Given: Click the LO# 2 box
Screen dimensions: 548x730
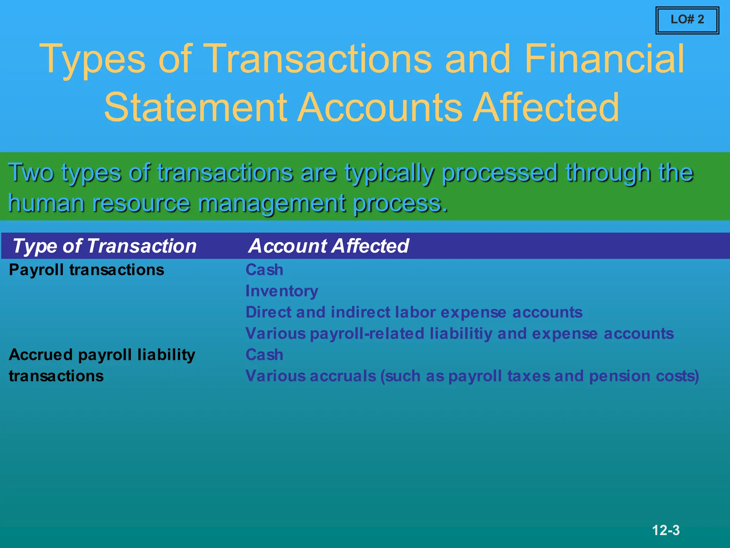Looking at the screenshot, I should pyautogui.click(x=687, y=20).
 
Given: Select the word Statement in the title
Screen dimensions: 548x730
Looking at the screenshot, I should pyautogui.click(x=195, y=107).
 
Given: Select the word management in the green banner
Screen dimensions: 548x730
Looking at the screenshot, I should pyautogui.click(x=271, y=204).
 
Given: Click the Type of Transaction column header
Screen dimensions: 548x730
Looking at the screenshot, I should pyautogui.click(x=104, y=246).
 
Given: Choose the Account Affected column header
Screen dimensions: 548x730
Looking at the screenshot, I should pyautogui.click(x=329, y=246).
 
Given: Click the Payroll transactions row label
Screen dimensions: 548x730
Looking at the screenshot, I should pyautogui.click(x=86, y=270).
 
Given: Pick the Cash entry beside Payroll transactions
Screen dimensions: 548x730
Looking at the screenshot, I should pyautogui.click(x=264, y=270).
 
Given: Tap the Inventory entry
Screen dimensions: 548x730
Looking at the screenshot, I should pyautogui.click(x=282, y=291).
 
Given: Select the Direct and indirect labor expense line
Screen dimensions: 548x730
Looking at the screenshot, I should pyautogui.click(x=413, y=312).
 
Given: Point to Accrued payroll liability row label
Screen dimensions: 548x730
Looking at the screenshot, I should pyautogui.click(x=102, y=355).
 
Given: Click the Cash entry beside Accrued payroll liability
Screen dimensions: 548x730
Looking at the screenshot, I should pyautogui.click(x=264, y=355).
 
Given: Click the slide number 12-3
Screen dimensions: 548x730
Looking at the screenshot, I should pyautogui.click(x=665, y=530).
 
